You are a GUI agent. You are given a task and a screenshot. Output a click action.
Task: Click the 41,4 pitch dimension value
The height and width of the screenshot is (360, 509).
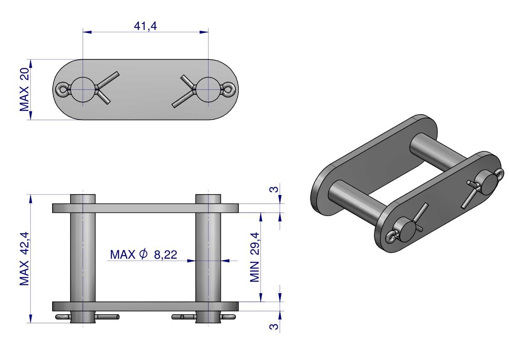pyautogui.click(x=145, y=26)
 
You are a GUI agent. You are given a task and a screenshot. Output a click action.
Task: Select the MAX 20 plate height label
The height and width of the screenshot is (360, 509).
pyautogui.click(x=25, y=90)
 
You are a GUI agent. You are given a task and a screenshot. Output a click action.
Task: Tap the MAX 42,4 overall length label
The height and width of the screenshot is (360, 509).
pyautogui.click(x=25, y=259)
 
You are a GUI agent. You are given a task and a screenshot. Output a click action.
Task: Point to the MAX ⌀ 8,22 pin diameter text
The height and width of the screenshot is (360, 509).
pyautogui.click(x=144, y=254)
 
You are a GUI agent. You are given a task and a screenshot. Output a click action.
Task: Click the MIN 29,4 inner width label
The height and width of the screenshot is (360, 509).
pyautogui.click(x=255, y=257)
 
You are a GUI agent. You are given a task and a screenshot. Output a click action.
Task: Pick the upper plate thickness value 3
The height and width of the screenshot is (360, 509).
pyautogui.click(x=274, y=189)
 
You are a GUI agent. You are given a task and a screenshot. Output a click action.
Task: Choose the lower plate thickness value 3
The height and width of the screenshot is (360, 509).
pyautogui.click(x=274, y=326)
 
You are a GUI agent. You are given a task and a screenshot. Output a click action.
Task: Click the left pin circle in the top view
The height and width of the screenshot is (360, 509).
pyautogui.click(x=83, y=90)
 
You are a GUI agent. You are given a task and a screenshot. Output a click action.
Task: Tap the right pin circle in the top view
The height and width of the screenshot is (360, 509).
pyautogui.click(x=208, y=90)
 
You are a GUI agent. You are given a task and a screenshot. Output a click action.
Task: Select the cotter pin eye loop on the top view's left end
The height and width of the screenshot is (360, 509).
pyautogui.click(x=62, y=90)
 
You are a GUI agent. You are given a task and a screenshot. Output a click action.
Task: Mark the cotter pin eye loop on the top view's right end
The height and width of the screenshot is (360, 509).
pyautogui.click(x=229, y=90)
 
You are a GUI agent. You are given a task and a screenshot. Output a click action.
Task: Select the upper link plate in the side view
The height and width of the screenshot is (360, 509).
pyautogui.click(x=145, y=208)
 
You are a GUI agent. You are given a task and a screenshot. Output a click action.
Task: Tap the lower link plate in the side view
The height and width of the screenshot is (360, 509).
pyautogui.click(x=145, y=306)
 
